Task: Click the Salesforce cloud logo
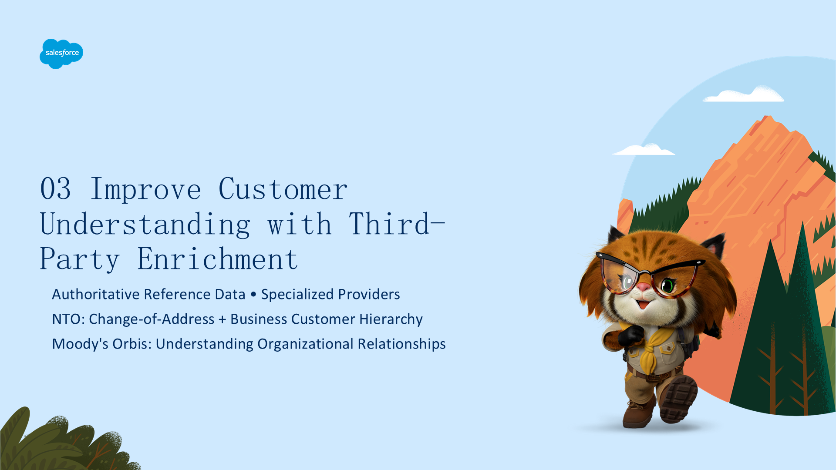point(61,54)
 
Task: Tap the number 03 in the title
point(55,189)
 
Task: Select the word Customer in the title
point(283,189)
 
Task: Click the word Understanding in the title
point(145,224)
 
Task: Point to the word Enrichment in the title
point(218,259)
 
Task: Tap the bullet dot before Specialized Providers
point(253,295)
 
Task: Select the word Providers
point(369,294)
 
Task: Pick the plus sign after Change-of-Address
point(222,319)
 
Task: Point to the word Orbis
point(132,344)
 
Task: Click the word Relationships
point(401,344)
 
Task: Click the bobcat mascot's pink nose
point(644,287)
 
